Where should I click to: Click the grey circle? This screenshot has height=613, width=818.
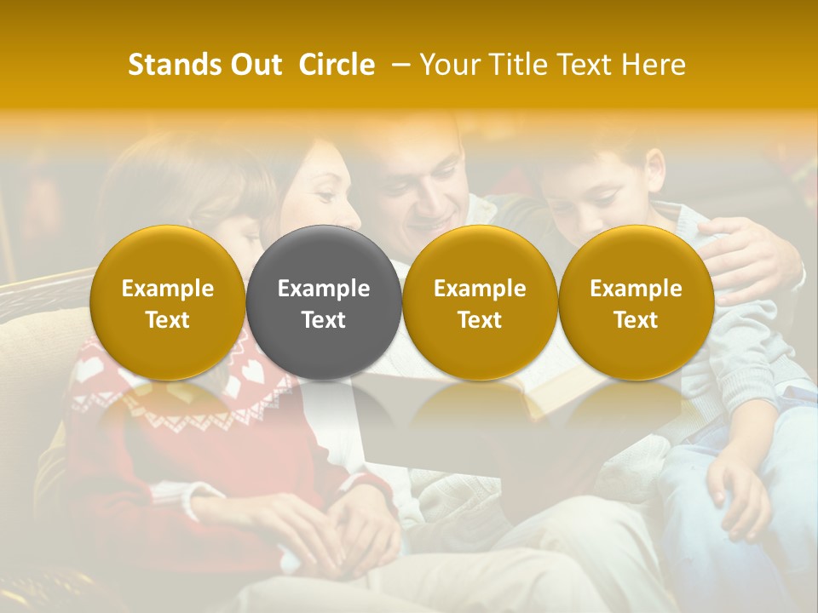pos(324,302)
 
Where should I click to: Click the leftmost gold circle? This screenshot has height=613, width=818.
pos(168,302)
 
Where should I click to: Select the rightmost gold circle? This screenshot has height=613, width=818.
pos(636,302)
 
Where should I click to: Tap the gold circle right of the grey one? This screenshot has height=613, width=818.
pos(480,302)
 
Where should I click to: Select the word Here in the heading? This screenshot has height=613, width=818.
pos(655,65)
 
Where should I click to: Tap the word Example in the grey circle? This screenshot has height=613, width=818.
pos(324,289)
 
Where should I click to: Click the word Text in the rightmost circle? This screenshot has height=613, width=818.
pos(636,320)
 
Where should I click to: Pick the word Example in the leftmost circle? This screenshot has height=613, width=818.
pos(168,289)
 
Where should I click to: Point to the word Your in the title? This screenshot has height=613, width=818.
pos(448,65)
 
